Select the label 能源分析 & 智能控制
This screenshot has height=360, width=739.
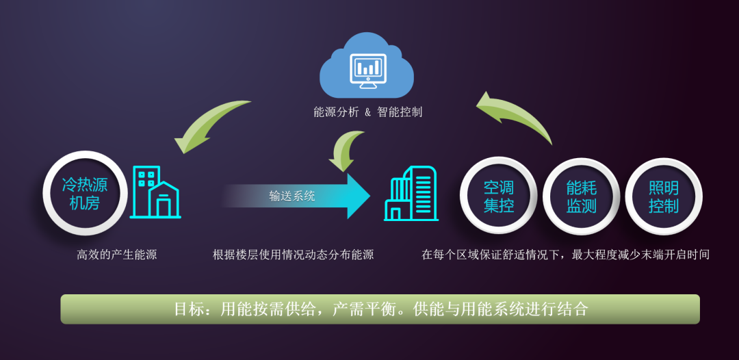pos(367,112)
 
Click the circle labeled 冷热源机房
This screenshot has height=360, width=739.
pos(85,193)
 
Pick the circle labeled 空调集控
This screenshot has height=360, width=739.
pos(498,196)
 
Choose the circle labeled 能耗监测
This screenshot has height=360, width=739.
pos(581,196)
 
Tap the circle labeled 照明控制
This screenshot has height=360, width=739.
pos(664,196)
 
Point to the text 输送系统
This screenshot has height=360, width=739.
pos(292,196)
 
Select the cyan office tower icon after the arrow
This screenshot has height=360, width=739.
pos(411,194)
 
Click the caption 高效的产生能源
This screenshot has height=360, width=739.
pos(117,255)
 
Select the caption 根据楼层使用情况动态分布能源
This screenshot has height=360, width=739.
pos(293,255)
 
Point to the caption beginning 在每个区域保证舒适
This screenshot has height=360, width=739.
pos(565,255)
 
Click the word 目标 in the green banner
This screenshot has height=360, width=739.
pos(189,309)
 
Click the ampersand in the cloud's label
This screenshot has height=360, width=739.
pos(367,112)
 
